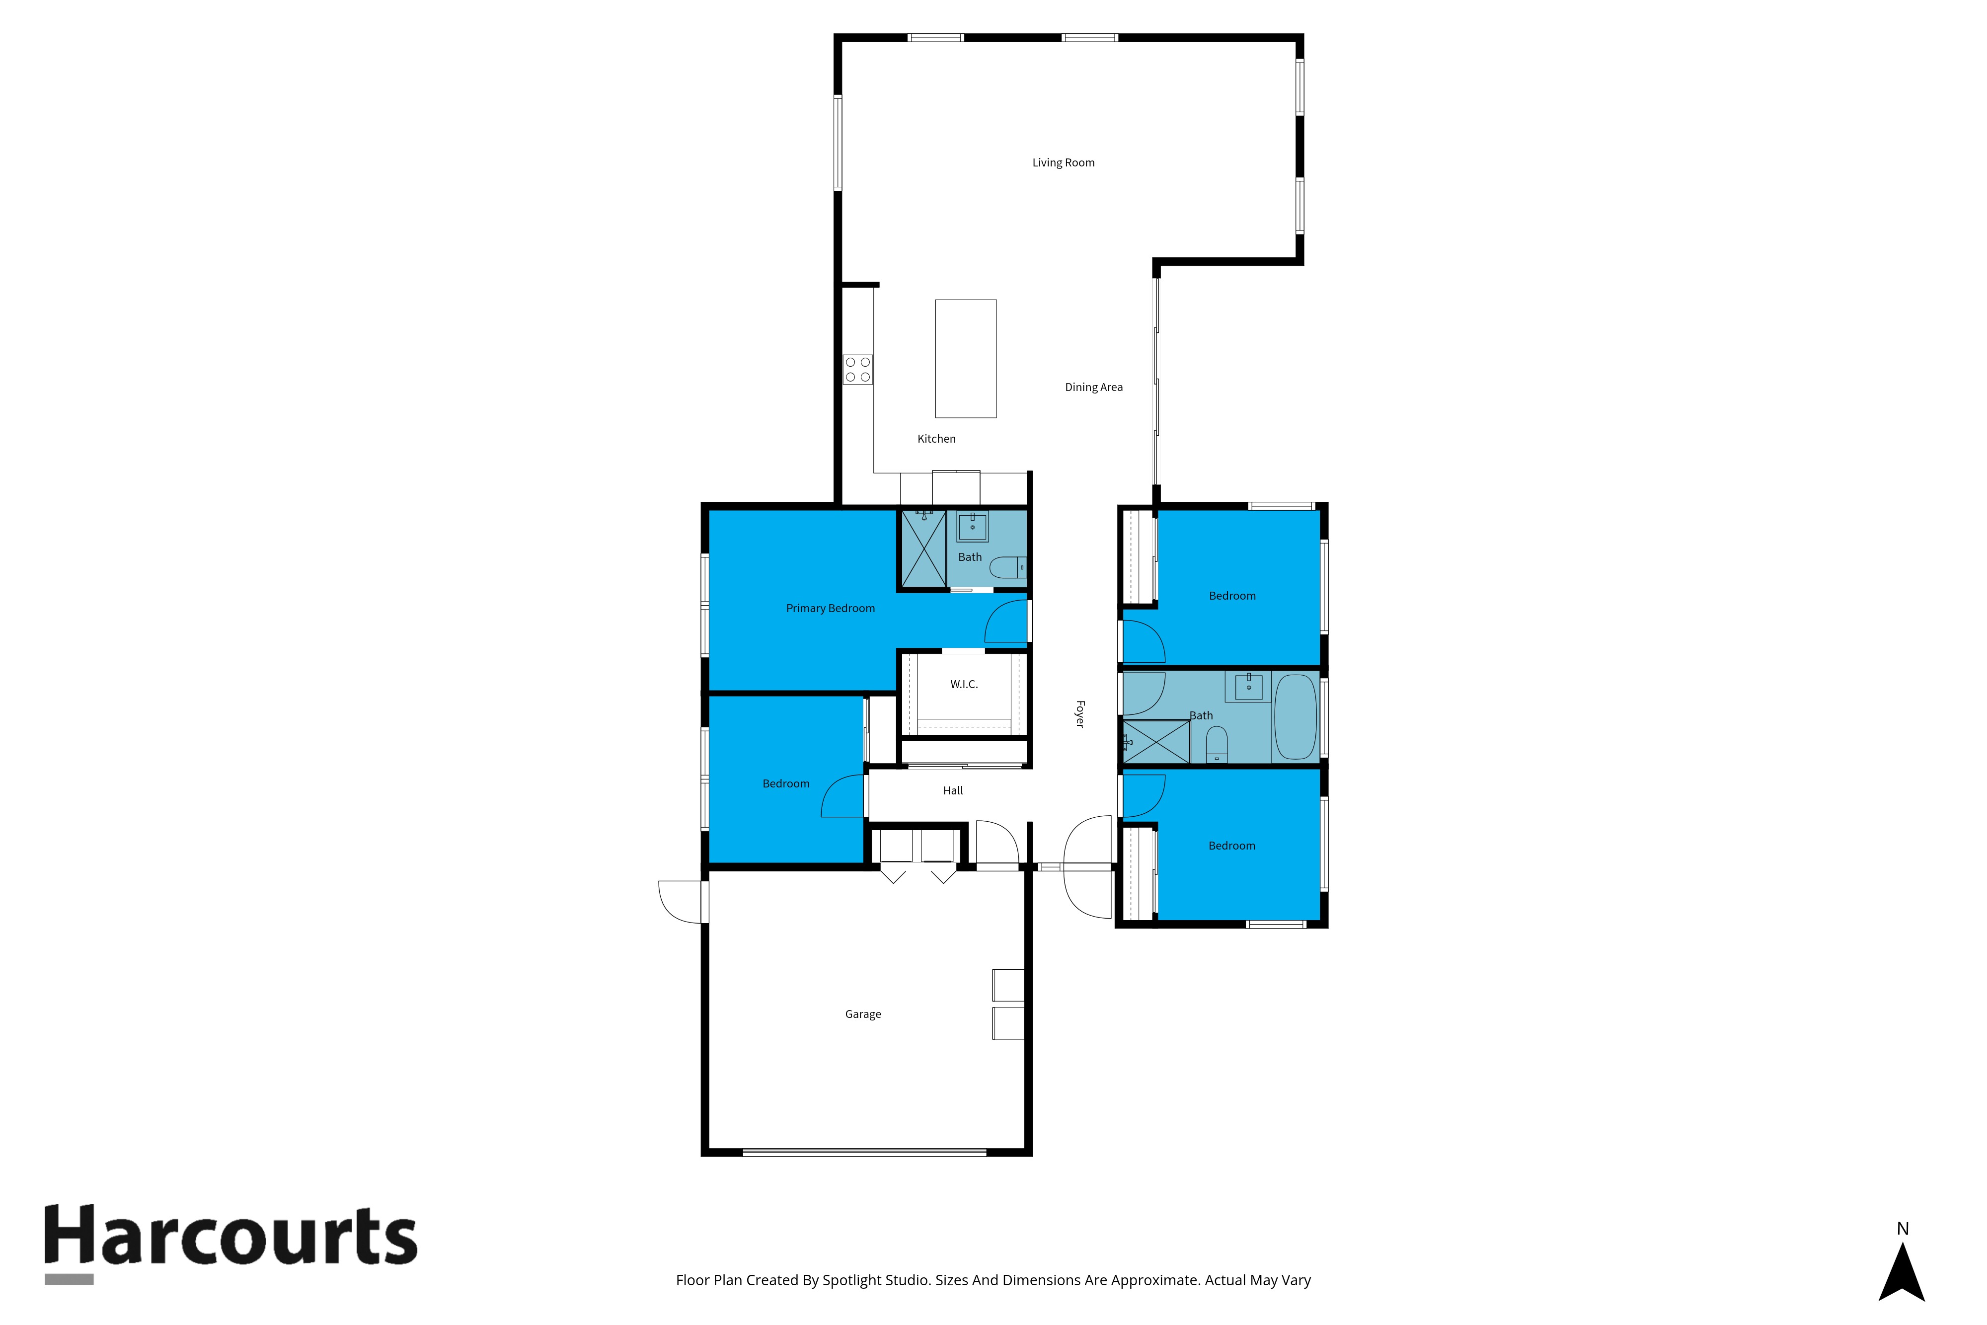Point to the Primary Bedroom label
click(x=831, y=609)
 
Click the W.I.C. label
click(x=964, y=685)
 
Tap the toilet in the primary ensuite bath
click(x=1008, y=567)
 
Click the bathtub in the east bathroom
click(x=1295, y=716)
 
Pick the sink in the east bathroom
click(x=1249, y=687)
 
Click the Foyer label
click(x=1079, y=714)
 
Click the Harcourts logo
click(x=230, y=1244)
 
